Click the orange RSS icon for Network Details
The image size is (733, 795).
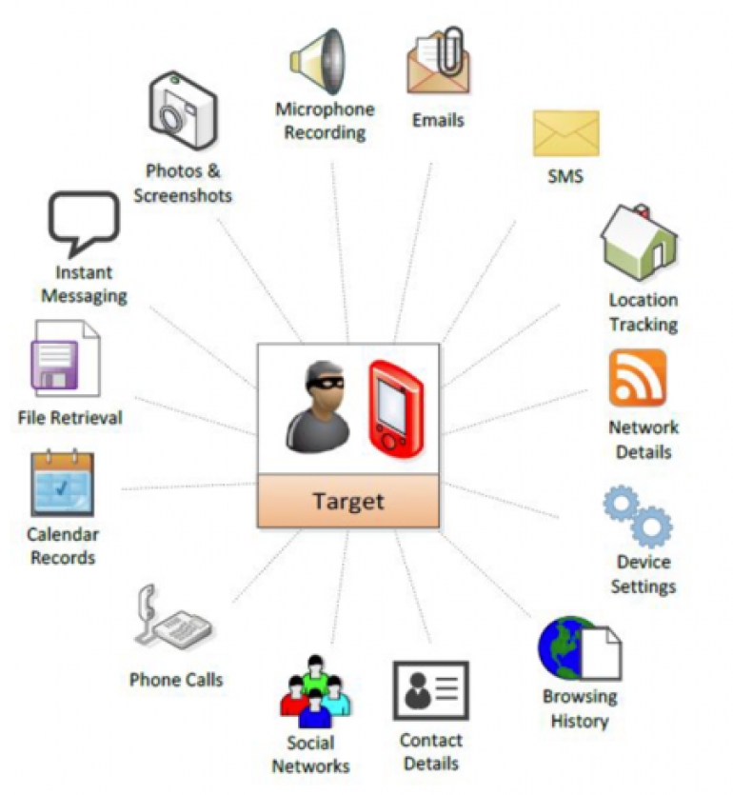(x=638, y=378)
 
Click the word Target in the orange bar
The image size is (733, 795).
(x=348, y=501)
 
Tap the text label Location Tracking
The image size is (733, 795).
(x=644, y=312)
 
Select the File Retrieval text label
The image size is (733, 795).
(x=70, y=417)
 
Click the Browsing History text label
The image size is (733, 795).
(x=580, y=708)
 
